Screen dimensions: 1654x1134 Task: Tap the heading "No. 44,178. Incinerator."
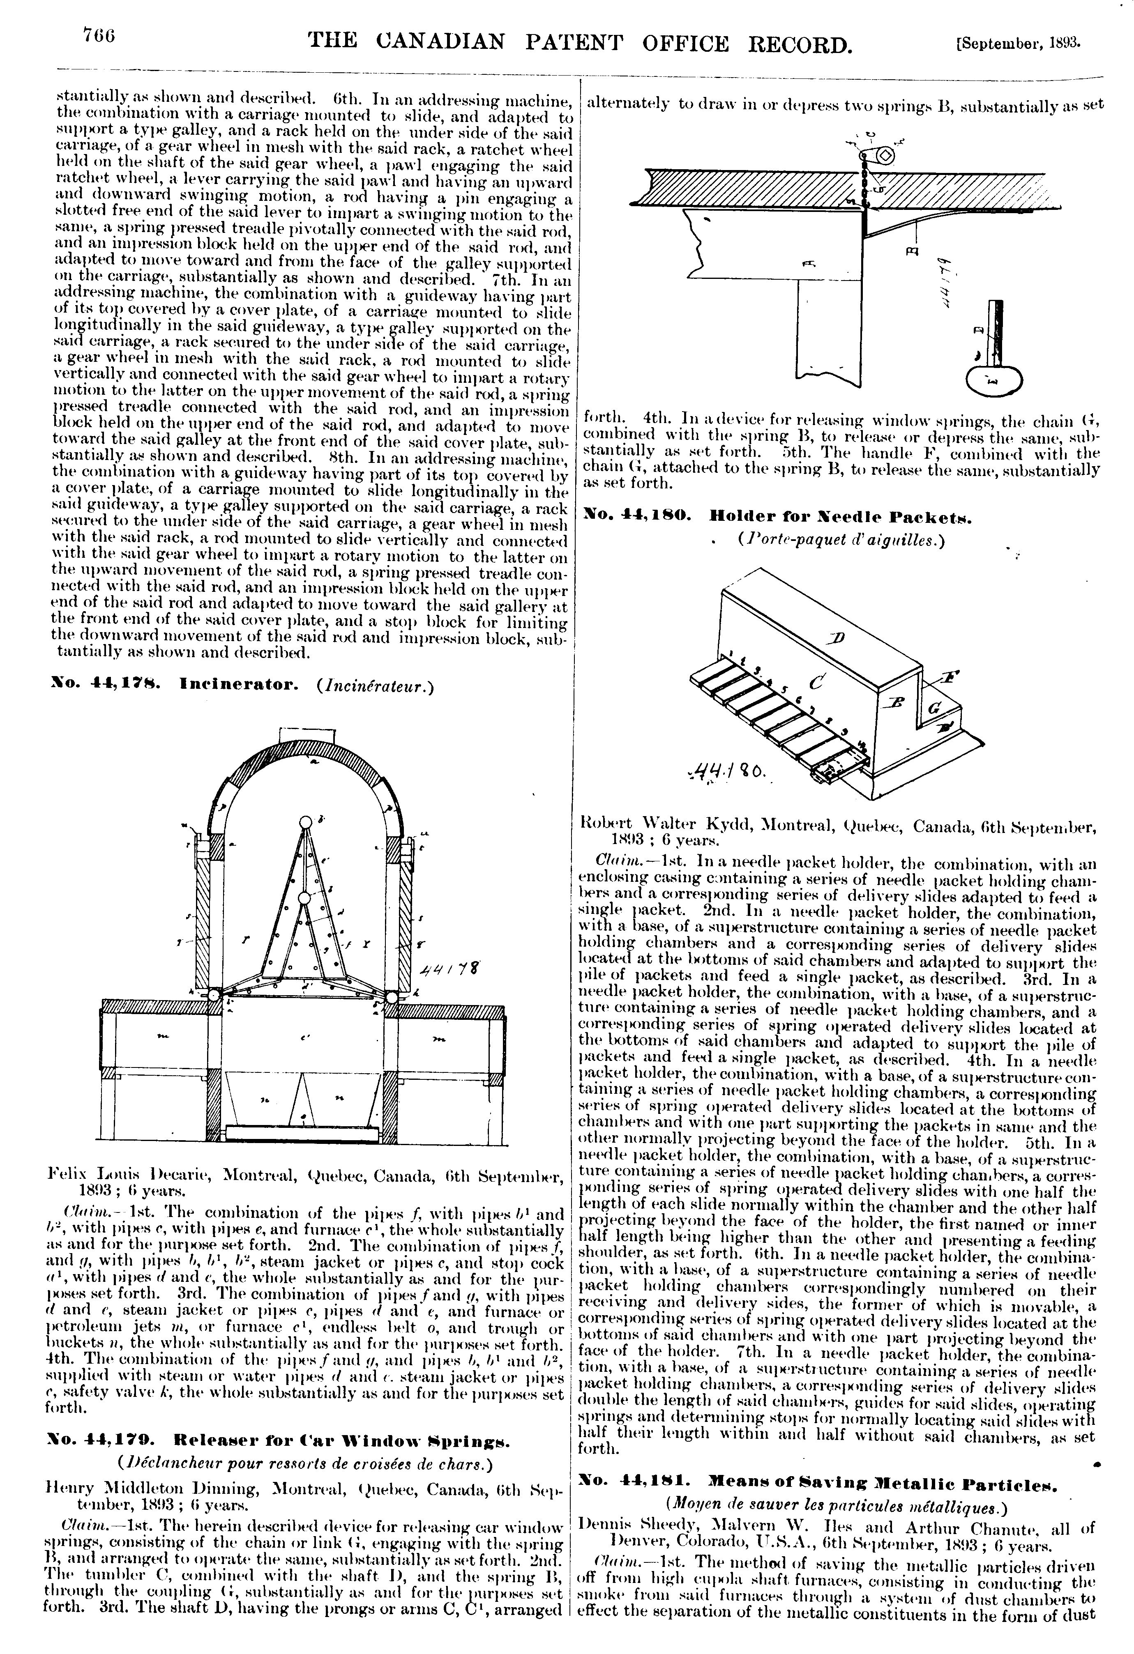click(167, 686)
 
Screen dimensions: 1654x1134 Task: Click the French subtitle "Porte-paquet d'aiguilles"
click(840, 541)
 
